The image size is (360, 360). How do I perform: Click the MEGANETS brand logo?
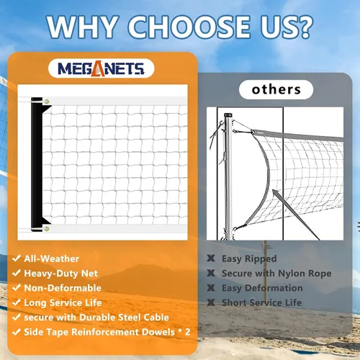coord(101,68)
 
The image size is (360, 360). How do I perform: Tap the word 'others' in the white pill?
coord(276,89)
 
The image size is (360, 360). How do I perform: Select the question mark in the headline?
coord(304,27)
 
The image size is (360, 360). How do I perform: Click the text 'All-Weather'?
coord(52,258)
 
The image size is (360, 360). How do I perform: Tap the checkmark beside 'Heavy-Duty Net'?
coord(17,273)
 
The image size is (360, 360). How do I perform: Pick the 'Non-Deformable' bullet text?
coord(63,288)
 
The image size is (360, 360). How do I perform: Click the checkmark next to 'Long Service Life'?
coord(17,302)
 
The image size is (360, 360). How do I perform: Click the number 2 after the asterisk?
coord(187,332)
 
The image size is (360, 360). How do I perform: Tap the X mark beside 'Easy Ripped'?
coord(211,258)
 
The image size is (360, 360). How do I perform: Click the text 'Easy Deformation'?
coord(262,288)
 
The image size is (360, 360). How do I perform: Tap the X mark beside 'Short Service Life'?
coord(211,302)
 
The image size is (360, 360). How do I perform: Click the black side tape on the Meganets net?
coord(37,164)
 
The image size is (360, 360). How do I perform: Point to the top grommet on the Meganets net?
coord(47,102)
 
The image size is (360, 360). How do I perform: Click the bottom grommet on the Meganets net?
coord(47,229)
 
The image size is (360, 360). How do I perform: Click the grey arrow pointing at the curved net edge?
coord(296,215)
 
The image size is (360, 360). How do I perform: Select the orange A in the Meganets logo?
coord(98,68)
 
